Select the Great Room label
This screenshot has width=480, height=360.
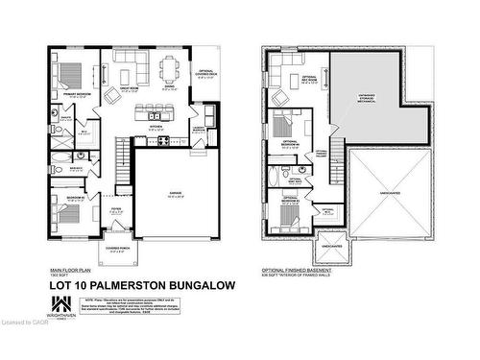tap(132, 93)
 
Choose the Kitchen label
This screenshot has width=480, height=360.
tap(154, 127)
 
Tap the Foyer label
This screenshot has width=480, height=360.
tap(116, 203)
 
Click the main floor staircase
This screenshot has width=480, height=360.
tap(123, 153)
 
